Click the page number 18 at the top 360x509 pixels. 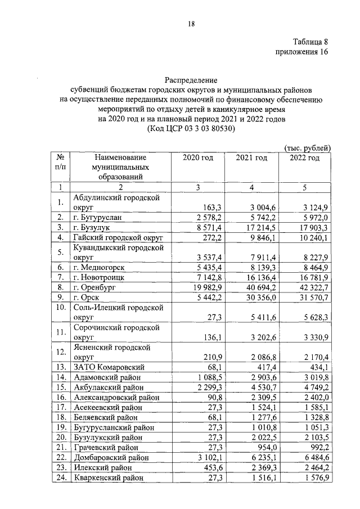point(191,23)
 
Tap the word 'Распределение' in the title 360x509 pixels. point(191,81)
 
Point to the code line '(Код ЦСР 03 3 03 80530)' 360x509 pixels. point(191,129)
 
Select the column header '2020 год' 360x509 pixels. point(198,158)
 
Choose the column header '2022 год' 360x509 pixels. point(304,158)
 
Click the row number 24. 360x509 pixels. point(59,478)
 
